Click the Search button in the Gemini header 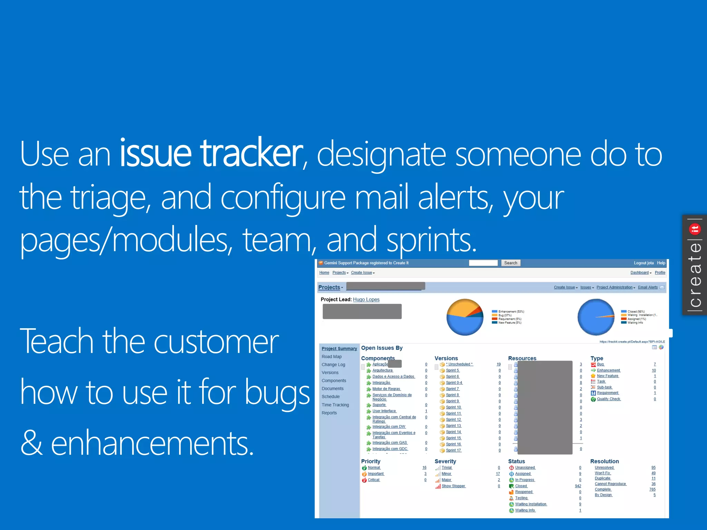pyautogui.click(x=510, y=263)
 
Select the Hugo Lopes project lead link pyautogui.click(x=366, y=300)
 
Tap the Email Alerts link pyautogui.click(x=648, y=287)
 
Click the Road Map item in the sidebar pyautogui.click(x=331, y=356)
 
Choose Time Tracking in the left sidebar pyautogui.click(x=335, y=405)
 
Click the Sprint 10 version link pyautogui.click(x=453, y=407)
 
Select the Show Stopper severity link pyautogui.click(x=453, y=486)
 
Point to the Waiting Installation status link pyautogui.click(x=531, y=504)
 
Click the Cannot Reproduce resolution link pyautogui.click(x=610, y=484)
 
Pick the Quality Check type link pyautogui.click(x=609, y=399)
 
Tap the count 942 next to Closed pyautogui.click(x=578, y=486)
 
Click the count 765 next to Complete pyautogui.click(x=652, y=489)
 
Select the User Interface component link pyautogui.click(x=384, y=411)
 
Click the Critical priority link pyautogui.click(x=374, y=480)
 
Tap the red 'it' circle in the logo pyautogui.click(x=695, y=229)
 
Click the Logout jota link pyautogui.click(x=643, y=263)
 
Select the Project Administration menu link pyautogui.click(x=614, y=287)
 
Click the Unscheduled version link pyautogui.click(x=459, y=364)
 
